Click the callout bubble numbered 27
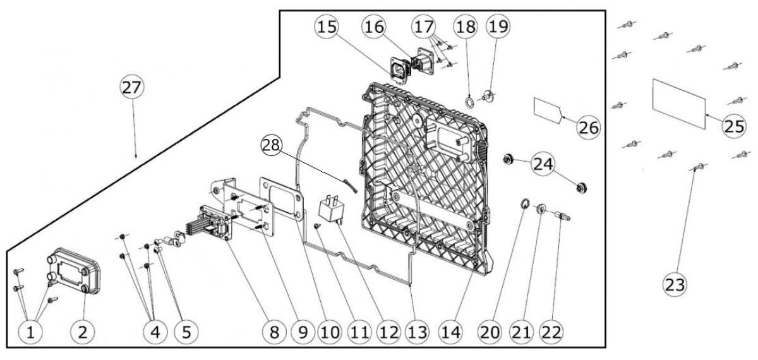[x=132, y=87]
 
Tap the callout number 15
[x=327, y=27]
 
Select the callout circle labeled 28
[x=272, y=145]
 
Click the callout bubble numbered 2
[x=83, y=332]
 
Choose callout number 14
[x=451, y=332]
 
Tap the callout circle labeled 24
[x=543, y=164]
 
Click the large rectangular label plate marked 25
[x=679, y=104]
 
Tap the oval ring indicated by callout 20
[x=524, y=203]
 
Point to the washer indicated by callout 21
[x=541, y=209]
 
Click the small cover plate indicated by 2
[x=74, y=270]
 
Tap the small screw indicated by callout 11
[x=317, y=225]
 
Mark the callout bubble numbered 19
[x=498, y=26]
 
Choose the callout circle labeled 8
[x=274, y=332]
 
